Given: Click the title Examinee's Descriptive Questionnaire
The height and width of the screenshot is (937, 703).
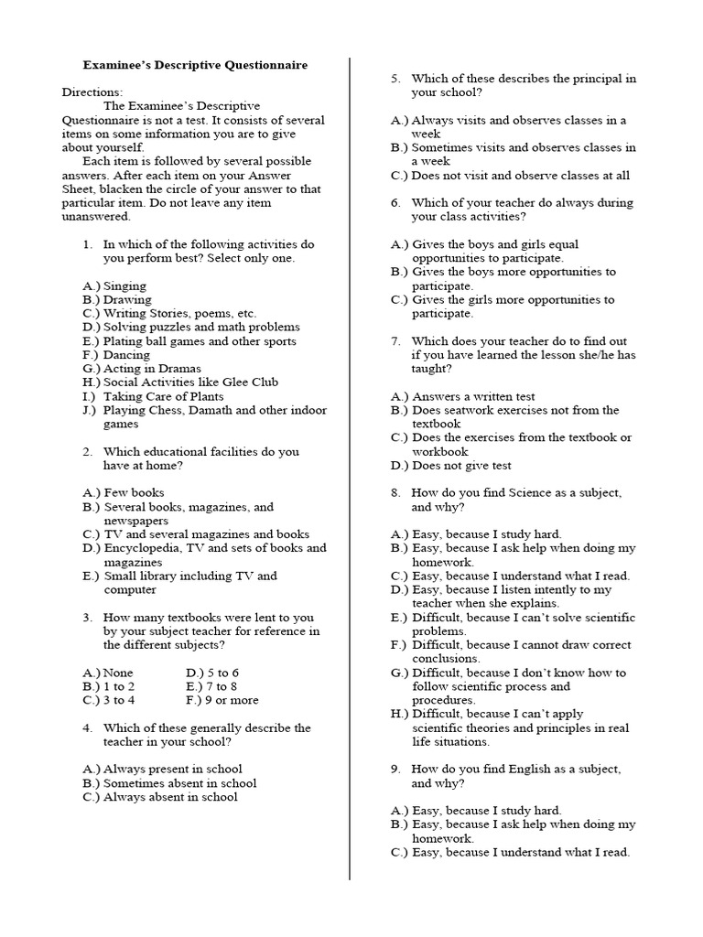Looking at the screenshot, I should click(195, 66).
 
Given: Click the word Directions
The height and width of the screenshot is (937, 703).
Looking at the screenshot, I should click(92, 92).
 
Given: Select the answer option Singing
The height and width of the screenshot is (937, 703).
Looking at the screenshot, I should click(124, 285).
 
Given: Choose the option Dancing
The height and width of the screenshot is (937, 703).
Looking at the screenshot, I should click(126, 354).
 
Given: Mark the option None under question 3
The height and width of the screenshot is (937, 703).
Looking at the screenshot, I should click(118, 673).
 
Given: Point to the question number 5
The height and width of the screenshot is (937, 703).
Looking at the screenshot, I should click(395, 79).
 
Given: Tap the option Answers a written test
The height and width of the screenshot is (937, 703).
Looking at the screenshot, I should click(473, 396).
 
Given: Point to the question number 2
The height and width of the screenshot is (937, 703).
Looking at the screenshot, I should click(88, 451).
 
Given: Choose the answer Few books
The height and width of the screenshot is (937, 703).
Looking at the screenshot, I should click(134, 492).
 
